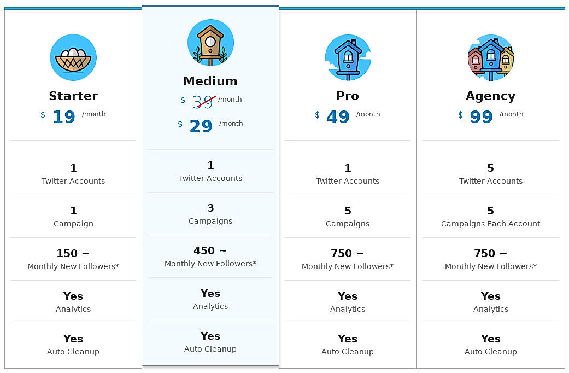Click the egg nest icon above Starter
pos(73,57)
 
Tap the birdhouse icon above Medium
pos(210,43)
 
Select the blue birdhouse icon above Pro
pos(348,57)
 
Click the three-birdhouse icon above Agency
pos(491,57)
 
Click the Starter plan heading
pos(73,96)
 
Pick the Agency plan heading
pos(490,96)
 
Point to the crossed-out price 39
pos(203,102)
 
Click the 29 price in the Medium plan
pos(201,126)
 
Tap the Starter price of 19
pos(63,117)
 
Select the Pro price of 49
pos(338,117)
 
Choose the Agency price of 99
pos(481,117)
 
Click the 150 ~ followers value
pos(73,253)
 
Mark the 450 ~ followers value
pos(210,250)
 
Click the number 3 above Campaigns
pos(210,208)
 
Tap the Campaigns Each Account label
pos(490,224)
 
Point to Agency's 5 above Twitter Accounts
pos(490,168)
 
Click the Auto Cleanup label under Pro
pos(348,352)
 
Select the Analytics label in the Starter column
pos(73,309)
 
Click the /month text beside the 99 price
pos(511,114)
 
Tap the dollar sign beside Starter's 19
pos(43,115)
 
